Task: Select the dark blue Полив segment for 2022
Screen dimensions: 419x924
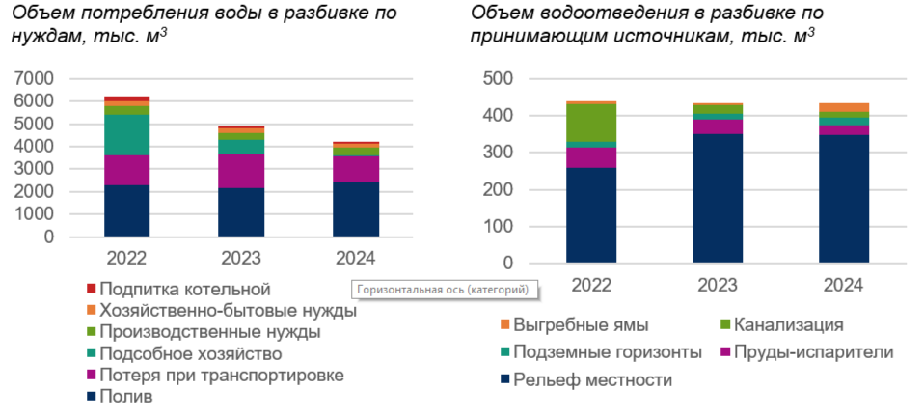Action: click(x=126, y=210)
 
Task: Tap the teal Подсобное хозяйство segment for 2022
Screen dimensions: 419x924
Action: click(x=126, y=135)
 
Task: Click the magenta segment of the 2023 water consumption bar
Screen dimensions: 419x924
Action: click(x=241, y=171)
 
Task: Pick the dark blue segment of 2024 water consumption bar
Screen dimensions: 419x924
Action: click(x=356, y=209)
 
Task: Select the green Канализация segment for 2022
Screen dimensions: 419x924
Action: click(x=591, y=123)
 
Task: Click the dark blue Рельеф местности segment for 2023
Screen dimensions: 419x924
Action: click(x=718, y=198)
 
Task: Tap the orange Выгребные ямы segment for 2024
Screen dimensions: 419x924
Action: click(x=844, y=108)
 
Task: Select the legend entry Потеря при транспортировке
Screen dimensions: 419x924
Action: click(x=221, y=375)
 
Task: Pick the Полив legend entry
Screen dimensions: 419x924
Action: click(x=125, y=396)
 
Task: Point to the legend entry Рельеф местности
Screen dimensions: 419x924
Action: click(x=592, y=379)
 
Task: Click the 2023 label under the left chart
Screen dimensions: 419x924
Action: click(x=241, y=258)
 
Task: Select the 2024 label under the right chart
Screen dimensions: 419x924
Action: click(x=844, y=285)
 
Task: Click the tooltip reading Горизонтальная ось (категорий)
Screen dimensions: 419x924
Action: click(x=443, y=289)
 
